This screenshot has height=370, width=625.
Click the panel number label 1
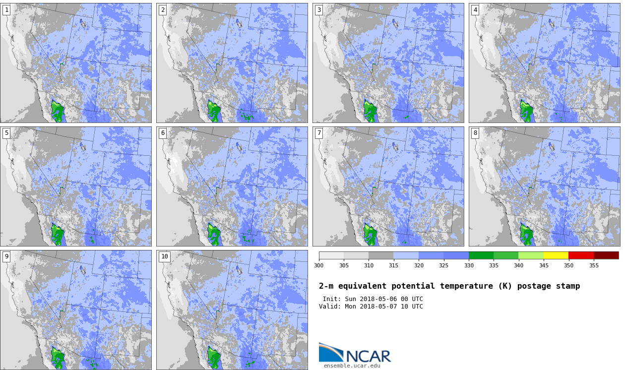pos(6,10)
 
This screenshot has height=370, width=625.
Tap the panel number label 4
pos(475,10)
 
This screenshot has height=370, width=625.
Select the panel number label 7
pos(319,133)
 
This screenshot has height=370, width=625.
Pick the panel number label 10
pos(165,256)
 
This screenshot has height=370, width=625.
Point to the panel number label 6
pos(163,133)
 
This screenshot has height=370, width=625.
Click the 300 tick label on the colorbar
pos(318,265)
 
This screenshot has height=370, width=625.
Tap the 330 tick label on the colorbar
pos(469,265)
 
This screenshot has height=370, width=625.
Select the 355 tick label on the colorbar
pos(594,265)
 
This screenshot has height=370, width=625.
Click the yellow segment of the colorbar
pos(556,255)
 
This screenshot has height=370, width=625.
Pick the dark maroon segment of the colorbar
pos(606,255)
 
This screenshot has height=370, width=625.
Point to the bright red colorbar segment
pos(581,255)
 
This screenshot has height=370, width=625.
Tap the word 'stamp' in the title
pos(568,286)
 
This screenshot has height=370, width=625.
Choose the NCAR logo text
pos(368,356)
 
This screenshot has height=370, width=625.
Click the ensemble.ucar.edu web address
pos(352,366)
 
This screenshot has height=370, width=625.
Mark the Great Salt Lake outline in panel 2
pos(239,23)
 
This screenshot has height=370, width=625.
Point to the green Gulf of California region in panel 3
pos(370,111)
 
